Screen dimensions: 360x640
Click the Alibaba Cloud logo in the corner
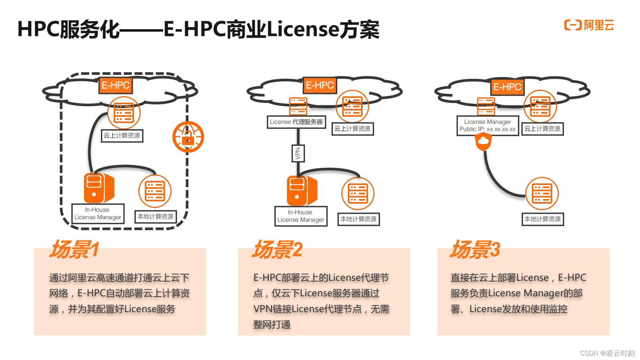click(x=589, y=25)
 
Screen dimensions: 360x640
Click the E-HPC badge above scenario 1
click(x=116, y=85)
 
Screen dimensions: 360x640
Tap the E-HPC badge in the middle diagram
click(x=320, y=85)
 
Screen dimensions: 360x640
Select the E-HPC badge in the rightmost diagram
click(x=507, y=87)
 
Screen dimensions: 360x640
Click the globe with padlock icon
click(x=188, y=137)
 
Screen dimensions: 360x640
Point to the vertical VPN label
click(x=298, y=153)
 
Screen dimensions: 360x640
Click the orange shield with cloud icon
click(x=483, y=142)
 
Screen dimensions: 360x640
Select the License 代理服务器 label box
click(x=296, y=122)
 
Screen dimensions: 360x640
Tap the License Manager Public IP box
click(x=487, y=126)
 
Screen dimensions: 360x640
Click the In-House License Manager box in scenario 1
click(x=98, y=213)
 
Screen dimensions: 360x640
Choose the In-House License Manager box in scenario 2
click(x=301, y=216)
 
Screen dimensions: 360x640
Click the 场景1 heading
click(x=74, y=249)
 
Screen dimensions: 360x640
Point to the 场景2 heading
click(x=277, y=249)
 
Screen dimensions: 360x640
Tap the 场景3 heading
click(x=475, y=249)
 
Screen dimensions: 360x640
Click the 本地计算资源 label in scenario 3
click(x=542, y=219)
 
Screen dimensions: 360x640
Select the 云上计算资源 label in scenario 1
click(x=122, y=136)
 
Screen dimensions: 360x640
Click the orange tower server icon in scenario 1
click(x=98, y=188)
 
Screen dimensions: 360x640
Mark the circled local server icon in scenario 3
click(x=542, y=193)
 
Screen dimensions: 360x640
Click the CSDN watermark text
click(x=607, y=353)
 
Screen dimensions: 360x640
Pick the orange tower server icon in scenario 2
click(x=301, y=190)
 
